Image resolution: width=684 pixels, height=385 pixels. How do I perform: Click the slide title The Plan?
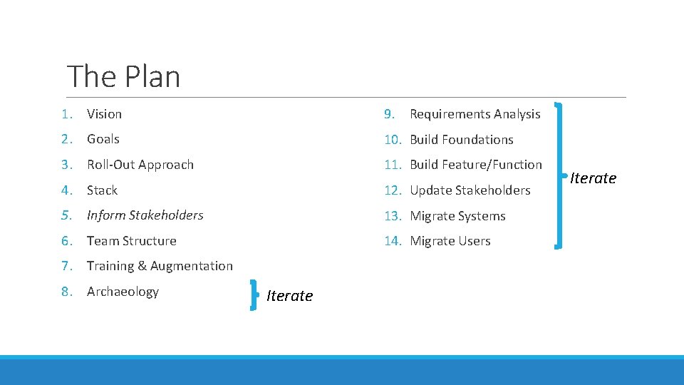tap(123, 76)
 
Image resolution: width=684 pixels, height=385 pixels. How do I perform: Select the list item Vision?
tap(104, 114)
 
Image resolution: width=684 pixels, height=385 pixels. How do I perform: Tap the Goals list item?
tap(103, 139)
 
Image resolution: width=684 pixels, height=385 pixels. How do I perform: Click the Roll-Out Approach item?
tap(140, 165)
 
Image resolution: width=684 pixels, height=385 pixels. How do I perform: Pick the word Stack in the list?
tap(102, 190)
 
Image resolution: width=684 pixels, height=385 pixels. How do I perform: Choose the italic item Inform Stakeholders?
tap(145, 215)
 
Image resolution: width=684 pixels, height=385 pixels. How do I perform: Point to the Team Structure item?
tap(132, 241)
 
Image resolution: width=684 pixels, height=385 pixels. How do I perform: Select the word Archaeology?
tap(123, 292)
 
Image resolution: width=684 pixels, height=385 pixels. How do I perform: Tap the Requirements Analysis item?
tap(475, 114)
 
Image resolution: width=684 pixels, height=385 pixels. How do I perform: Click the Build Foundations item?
tap(461, 140)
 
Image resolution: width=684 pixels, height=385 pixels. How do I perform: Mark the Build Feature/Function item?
tap(475, 165)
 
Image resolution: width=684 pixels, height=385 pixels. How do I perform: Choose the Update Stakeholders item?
tap(470, 190)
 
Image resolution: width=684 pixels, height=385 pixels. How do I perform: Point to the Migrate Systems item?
tap(457, 216)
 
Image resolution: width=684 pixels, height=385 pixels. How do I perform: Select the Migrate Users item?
tap(450, 241)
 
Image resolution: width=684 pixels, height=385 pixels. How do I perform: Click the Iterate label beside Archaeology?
tap(289, 296)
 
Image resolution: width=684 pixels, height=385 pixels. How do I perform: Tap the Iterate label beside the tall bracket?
tap(593, 178)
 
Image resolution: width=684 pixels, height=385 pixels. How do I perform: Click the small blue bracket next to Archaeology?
tap(254, 295)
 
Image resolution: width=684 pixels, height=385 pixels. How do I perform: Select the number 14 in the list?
tap(393, 241)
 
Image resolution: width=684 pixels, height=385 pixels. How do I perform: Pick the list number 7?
tap(66, 266)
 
